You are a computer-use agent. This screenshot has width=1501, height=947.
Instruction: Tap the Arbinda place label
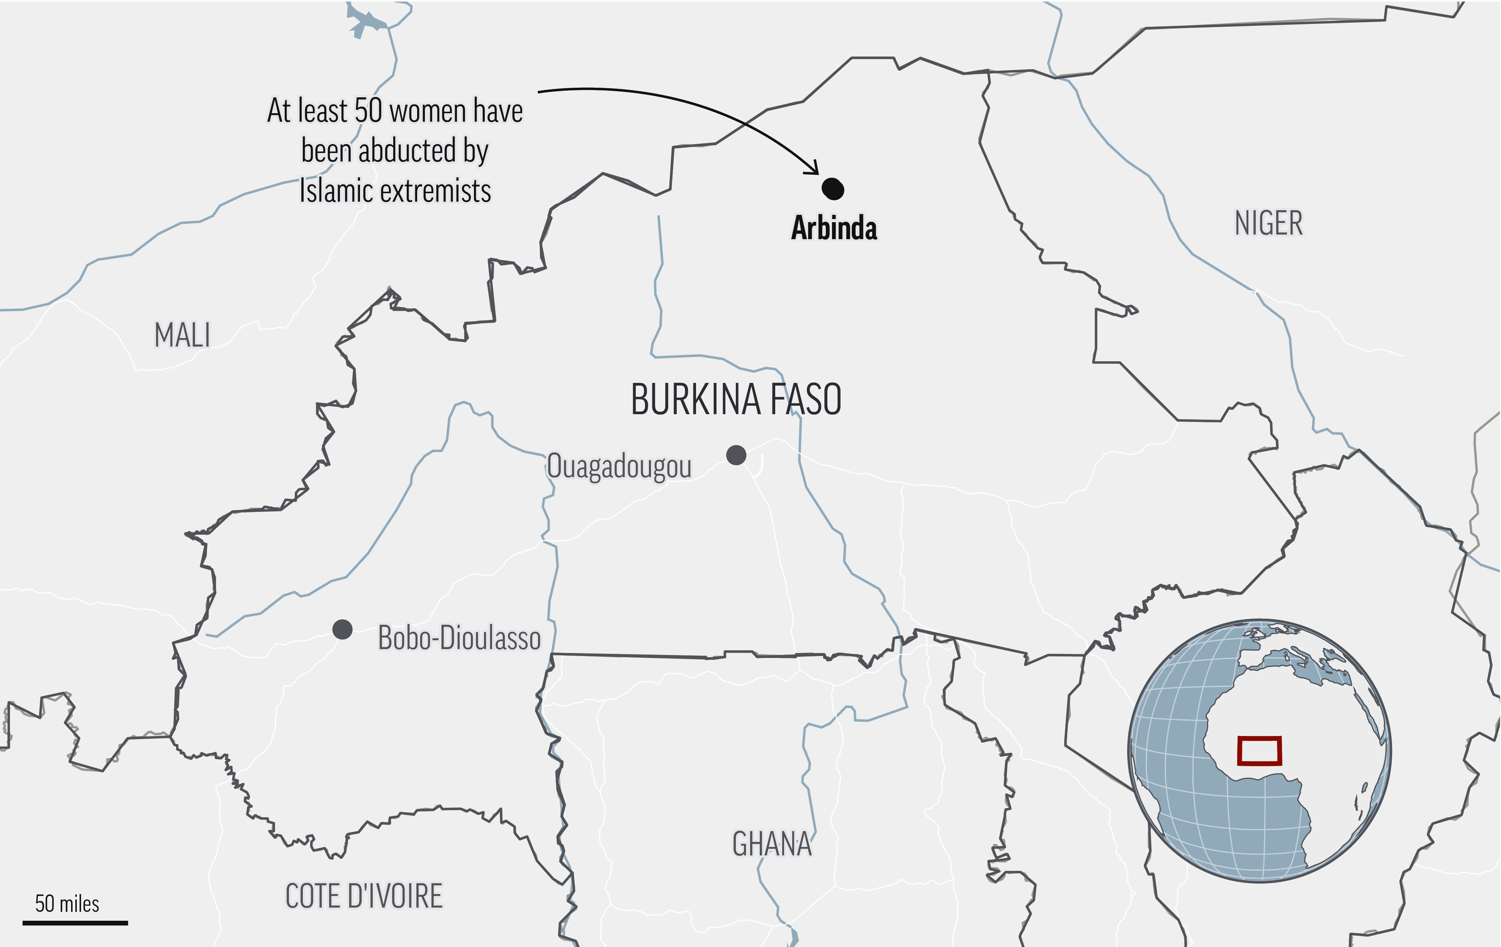[x=834, y=228]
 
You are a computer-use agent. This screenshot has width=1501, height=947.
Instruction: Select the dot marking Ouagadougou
[x=736, y=455]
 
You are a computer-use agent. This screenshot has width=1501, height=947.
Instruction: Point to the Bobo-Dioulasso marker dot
[x=342, y=630]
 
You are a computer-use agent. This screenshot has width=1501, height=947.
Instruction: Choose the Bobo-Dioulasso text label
[x=459, y=638]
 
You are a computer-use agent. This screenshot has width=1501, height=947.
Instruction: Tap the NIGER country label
[x=1268, y=223]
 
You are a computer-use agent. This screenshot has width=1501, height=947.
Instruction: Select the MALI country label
[x=182, y=335]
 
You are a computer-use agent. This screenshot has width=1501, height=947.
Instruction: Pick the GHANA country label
[x=772, y=844]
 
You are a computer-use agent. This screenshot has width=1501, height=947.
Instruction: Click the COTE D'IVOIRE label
[x=364, y=896]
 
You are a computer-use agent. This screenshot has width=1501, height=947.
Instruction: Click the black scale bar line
[x=75, y=923]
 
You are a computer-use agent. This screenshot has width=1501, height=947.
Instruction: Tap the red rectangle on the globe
[x=1259, y=751]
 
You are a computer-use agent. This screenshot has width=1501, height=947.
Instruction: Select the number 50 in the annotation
[x=368, y=111]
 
